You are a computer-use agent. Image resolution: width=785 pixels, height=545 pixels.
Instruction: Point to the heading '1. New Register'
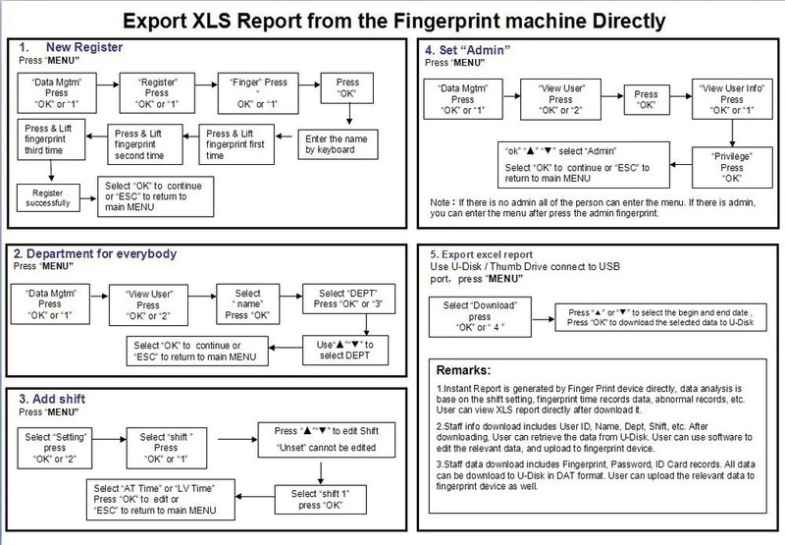coord(82,45)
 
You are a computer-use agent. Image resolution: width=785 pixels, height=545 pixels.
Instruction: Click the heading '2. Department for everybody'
coord(99,253)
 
